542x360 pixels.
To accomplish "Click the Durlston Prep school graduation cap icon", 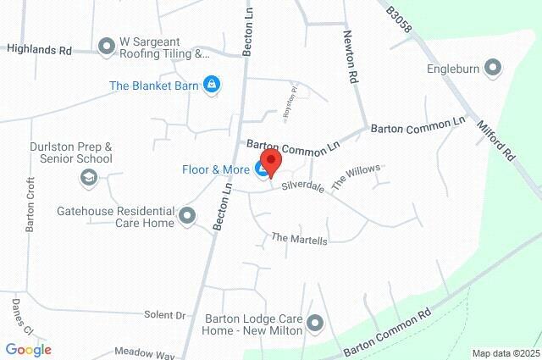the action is [x=88, y=177].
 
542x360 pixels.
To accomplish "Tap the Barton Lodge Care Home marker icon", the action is [x=316, y=323].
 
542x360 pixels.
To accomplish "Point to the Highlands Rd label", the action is [x=39, y=50].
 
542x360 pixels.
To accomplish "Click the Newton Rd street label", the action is [x=350, y=57].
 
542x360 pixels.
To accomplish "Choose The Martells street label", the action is [x=299, y=240].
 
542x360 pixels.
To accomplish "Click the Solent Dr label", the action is [x=164, y=314].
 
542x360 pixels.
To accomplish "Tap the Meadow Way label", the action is [x=144, y=352].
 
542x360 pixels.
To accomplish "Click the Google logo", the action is [x=28, y=349].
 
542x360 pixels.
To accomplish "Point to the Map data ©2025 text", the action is [x=505, y=353].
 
